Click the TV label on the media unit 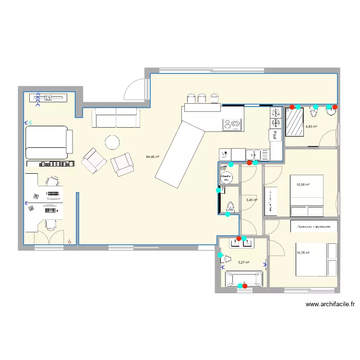coord(48,98)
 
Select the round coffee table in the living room coord(112,142)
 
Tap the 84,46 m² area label coord(153,156)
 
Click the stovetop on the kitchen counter coord(233,125)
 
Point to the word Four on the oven coord(276,135)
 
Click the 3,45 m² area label coord(252,200)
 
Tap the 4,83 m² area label coord(311,127)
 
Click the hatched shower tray coord(295,122)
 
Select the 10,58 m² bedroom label coord(303,184)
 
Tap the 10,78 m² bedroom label coord(303,253)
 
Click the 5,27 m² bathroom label coord(244,263)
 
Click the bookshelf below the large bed coord(57,164)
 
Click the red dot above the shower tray coord(291,107)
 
